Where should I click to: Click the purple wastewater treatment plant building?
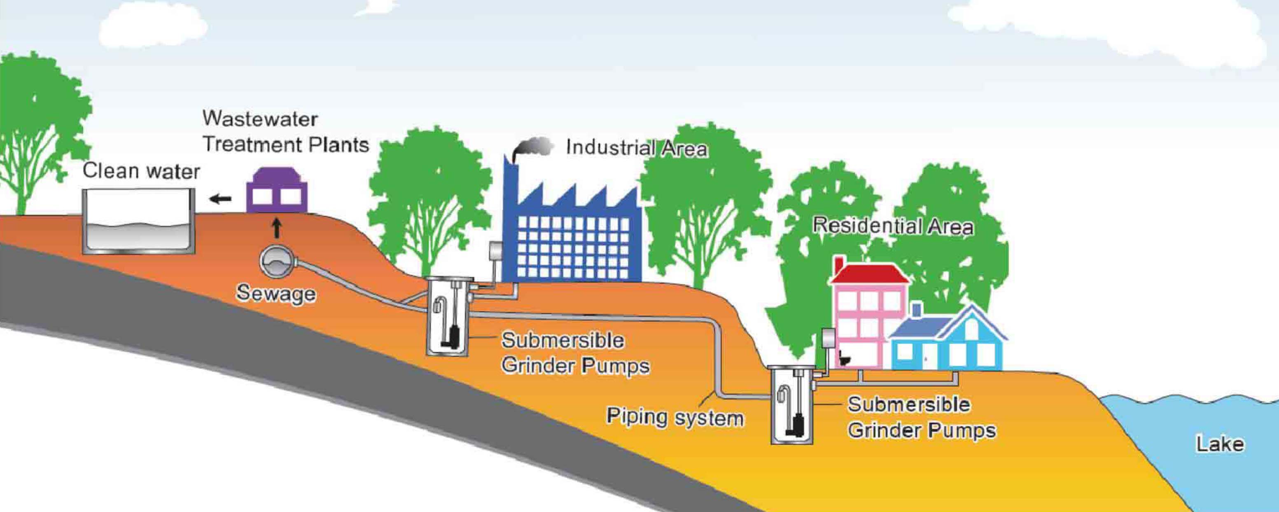[x=277, y=191]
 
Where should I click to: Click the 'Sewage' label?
[x=276, y=293]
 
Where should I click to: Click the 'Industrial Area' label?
[x=637, y=148]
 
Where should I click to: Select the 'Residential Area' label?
[x=893, y=227]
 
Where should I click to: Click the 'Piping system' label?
[x=675, y=417]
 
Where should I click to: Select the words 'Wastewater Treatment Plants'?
[x=285, y=131]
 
